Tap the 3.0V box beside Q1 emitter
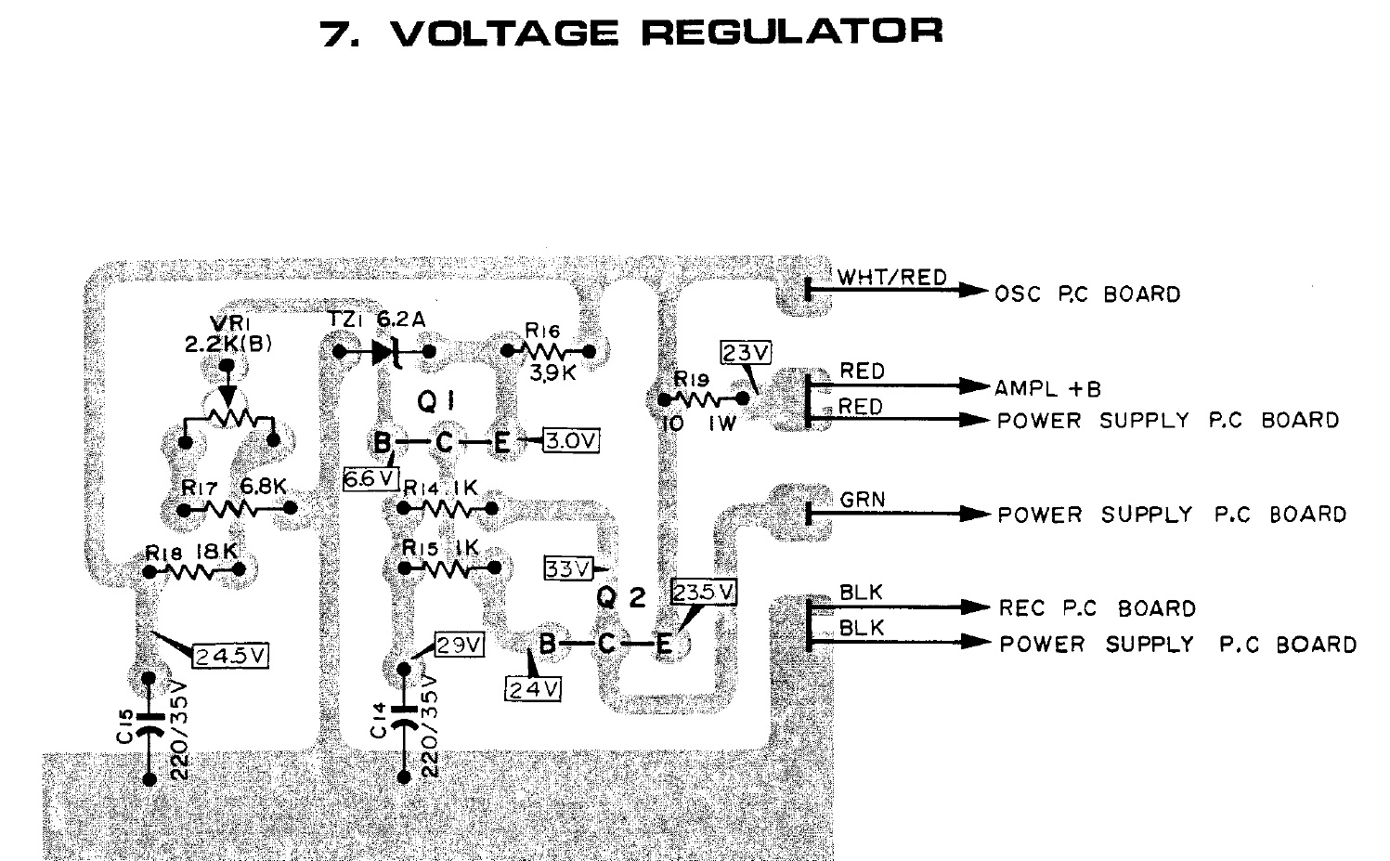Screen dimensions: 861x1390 571,440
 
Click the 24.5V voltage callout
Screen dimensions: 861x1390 230,656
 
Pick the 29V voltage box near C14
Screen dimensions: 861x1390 459,644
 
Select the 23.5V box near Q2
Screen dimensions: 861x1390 704,592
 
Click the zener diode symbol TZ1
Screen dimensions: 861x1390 384,352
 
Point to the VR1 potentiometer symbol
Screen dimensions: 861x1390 228,416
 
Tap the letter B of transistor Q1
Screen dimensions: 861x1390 382,444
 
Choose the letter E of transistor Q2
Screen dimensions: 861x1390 664,644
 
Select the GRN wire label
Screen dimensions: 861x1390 862,500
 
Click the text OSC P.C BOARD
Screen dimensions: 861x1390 1087,294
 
